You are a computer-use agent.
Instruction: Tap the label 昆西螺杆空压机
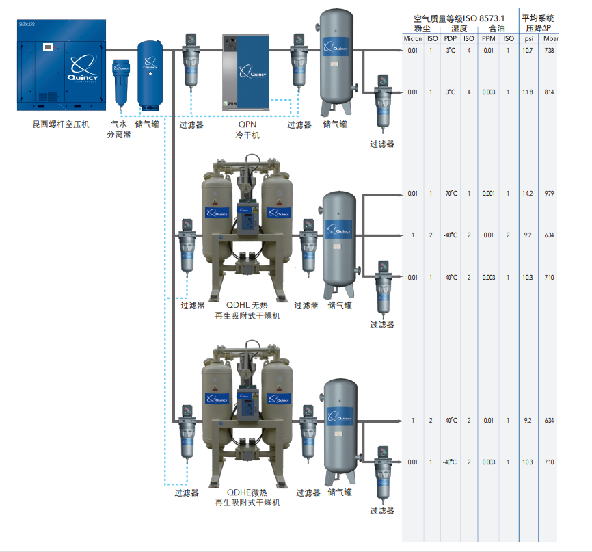[x=62, y=124]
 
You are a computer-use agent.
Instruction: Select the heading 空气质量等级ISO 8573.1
[x=460, y=18]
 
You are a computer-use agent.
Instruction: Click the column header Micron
[x=412, y=39]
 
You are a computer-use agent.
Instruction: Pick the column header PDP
[x=450, y=39]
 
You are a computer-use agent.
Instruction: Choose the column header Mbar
[x=550, y=39]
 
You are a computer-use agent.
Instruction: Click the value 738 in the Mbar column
[x=550, y=51]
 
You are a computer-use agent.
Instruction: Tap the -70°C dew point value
[x=449, y=194]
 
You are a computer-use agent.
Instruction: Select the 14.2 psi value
[x=527, y=194]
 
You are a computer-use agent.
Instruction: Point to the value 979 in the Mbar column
[x=550, y=194]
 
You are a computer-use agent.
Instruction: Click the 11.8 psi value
[x=527, y=92]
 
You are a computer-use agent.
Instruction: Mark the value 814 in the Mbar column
[x=550, y=92]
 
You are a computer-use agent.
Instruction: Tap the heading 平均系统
[x=538, y=18]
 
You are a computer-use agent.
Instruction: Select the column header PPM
[x=487, y=39]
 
